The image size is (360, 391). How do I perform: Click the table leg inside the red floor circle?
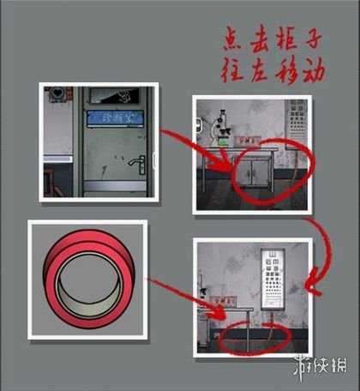247,334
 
